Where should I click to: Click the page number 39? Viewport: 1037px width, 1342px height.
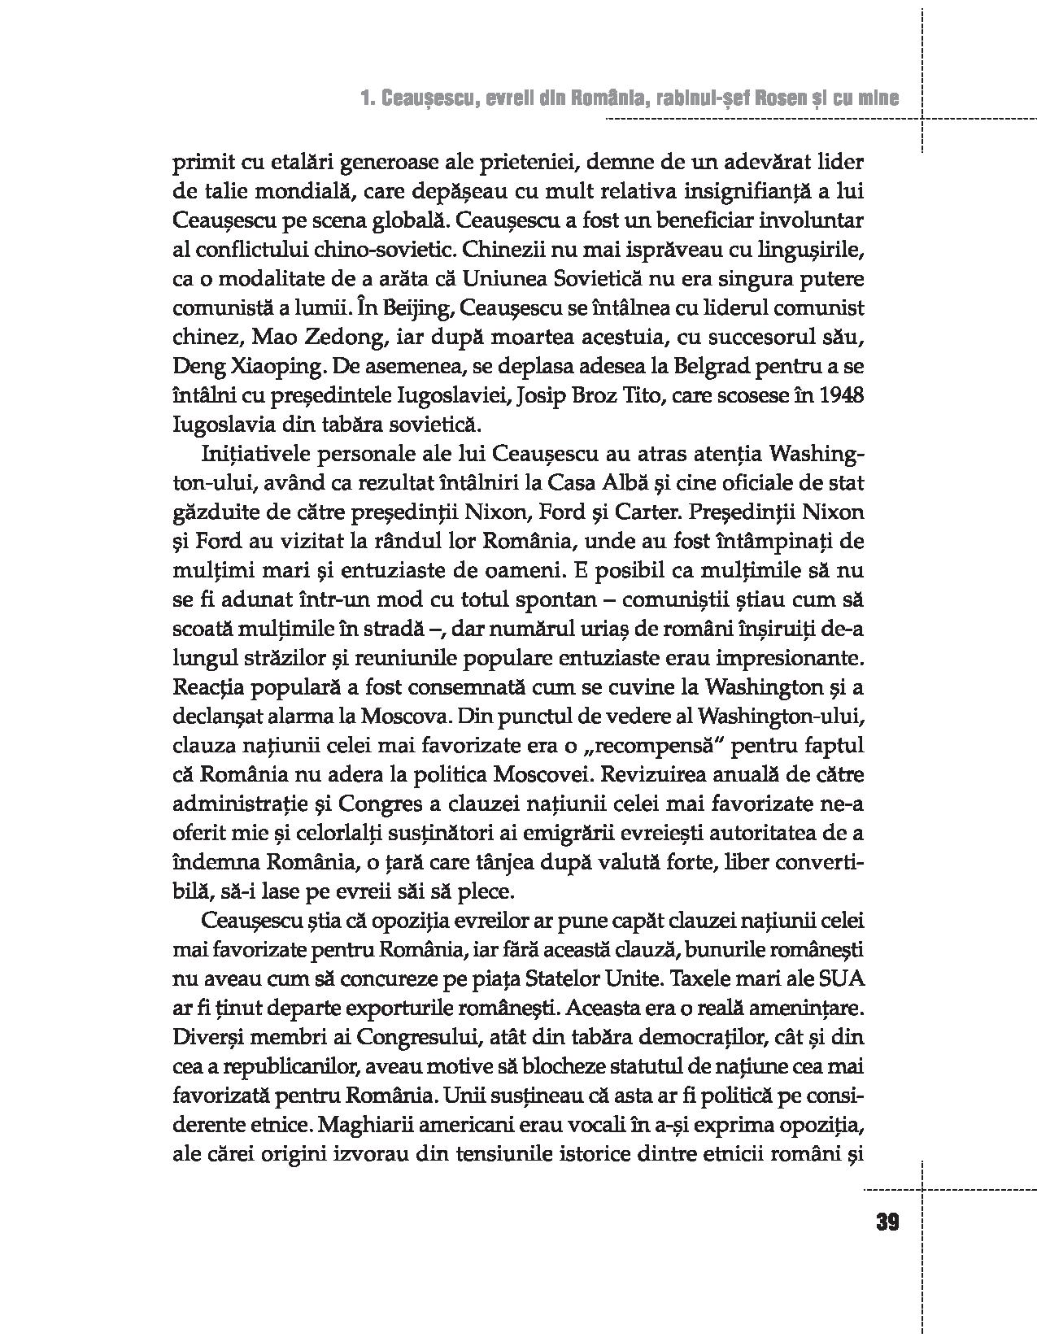point(887,1222)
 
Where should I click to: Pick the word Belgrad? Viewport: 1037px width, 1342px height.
point(713,365)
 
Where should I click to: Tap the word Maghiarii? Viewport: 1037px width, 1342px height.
point(371,1124)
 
